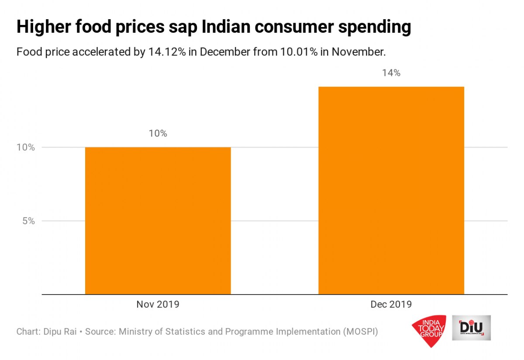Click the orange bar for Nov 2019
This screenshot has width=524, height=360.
coord(158,220)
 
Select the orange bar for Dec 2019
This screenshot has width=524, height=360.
coord(391,190)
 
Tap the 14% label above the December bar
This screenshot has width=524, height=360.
coord(391,73)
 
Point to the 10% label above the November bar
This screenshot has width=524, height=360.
coord(158,134)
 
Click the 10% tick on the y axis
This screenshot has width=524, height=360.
coord(26,147)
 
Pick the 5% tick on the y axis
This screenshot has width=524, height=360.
coord(28,221)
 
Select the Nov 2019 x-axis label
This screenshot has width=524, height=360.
coord(158,304)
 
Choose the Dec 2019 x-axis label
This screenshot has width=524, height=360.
coord(391,304)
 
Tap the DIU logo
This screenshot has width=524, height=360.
coord(471,328)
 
